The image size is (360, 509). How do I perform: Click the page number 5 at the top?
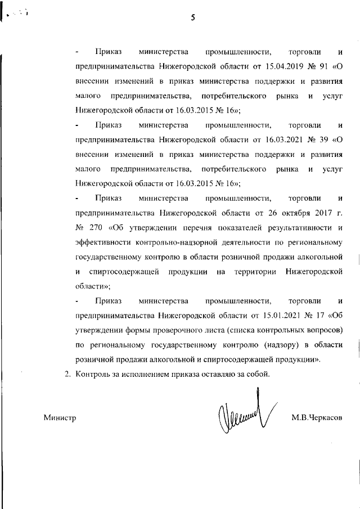tap(192, 17)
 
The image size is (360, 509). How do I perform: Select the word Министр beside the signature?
tap(59, 418)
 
